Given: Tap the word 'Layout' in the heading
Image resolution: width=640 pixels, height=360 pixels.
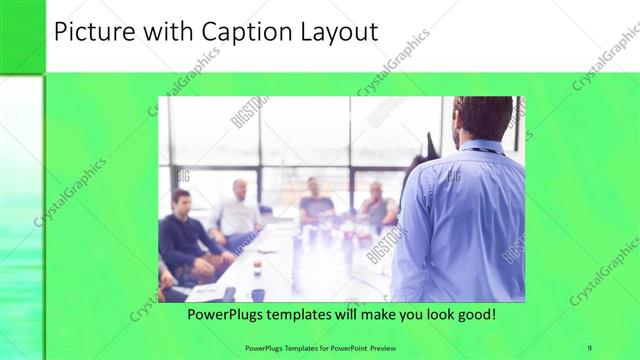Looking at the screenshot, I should [339, 32].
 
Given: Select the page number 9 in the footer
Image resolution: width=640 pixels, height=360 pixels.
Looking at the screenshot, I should [590, 348].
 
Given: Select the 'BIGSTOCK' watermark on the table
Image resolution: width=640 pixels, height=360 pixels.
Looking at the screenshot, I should [386, 245].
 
